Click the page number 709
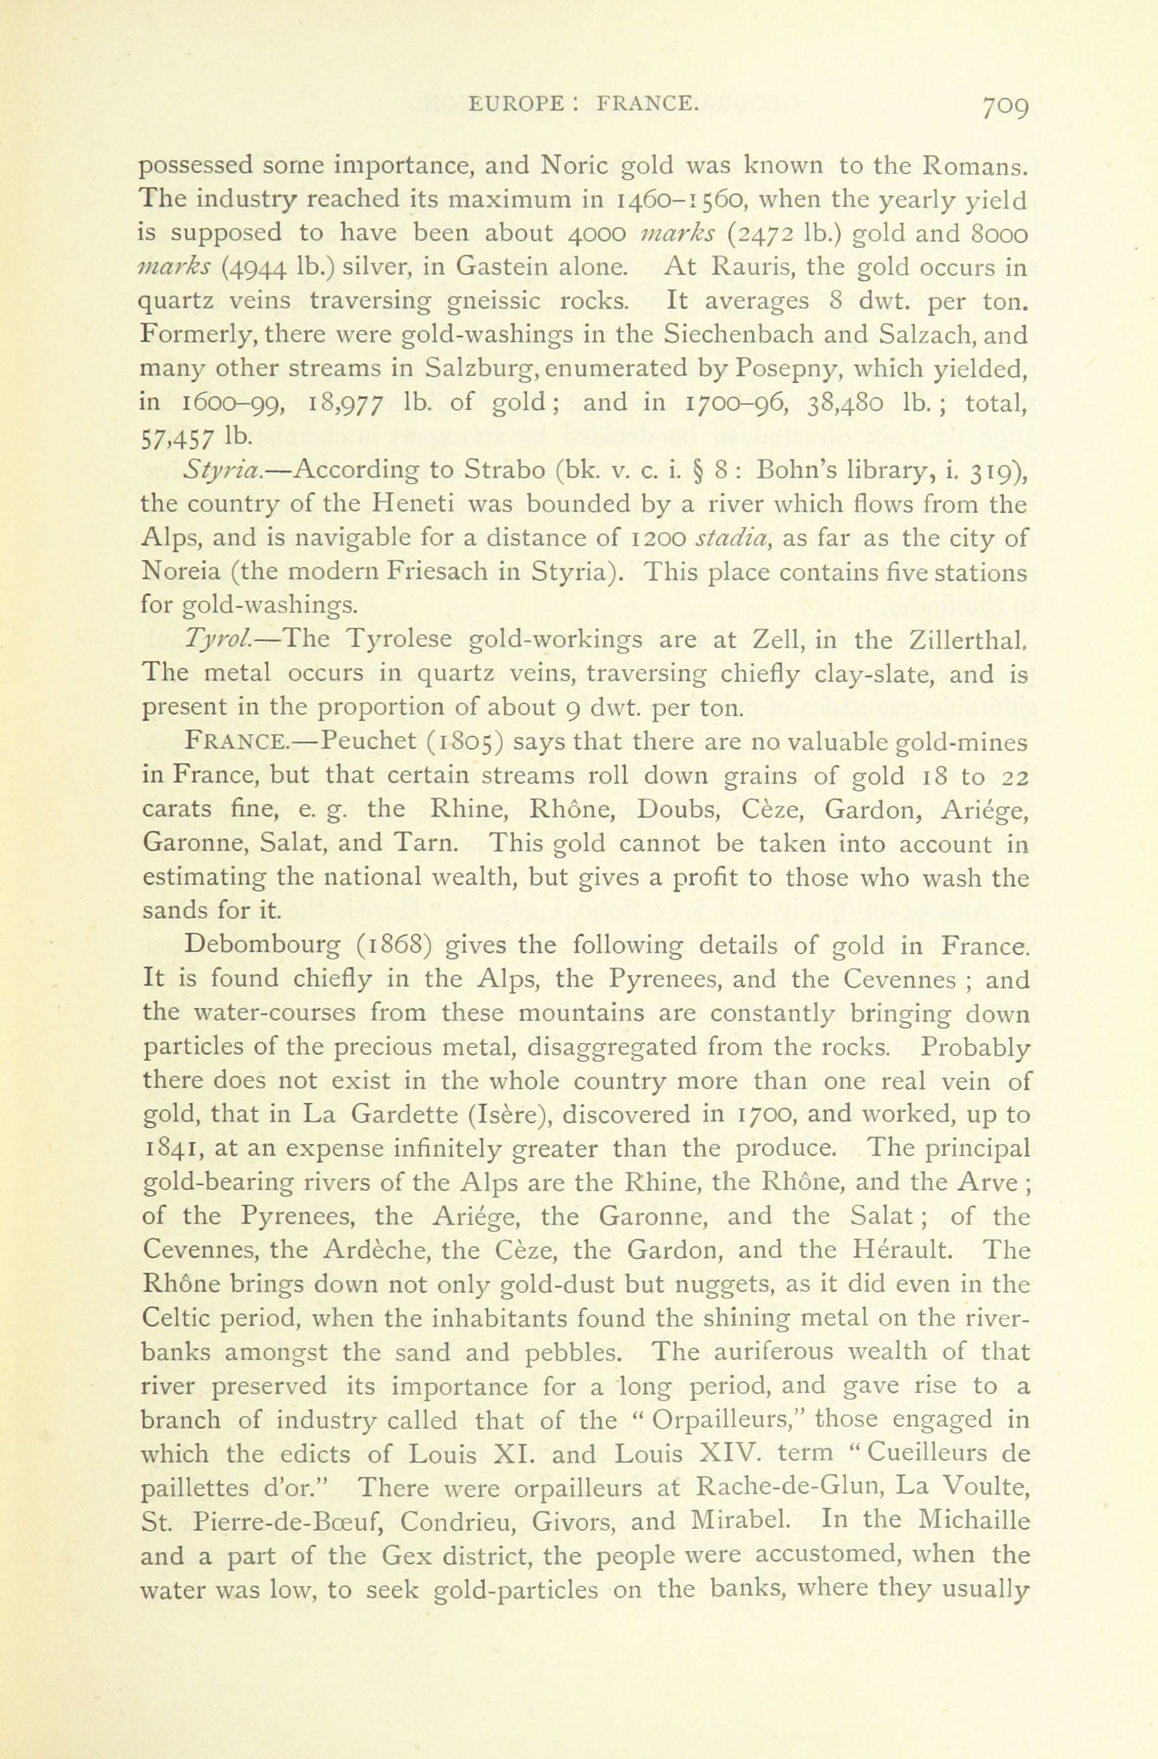pos(1005,108)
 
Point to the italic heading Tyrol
pos(214,639)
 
